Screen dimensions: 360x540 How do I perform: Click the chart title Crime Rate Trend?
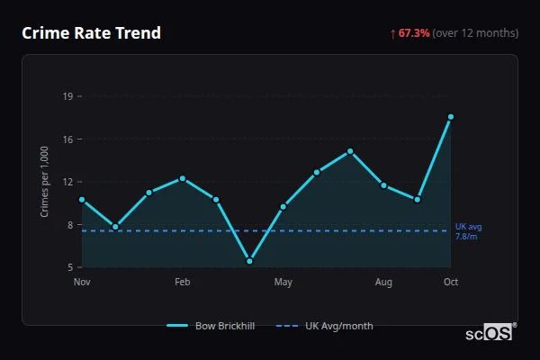click(91, 33)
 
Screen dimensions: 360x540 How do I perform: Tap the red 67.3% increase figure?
click(415, 33)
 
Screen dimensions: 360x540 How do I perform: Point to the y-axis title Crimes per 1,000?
click(44, 181)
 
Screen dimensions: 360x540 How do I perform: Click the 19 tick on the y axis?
click(68, 95)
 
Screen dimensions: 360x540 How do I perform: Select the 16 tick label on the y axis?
click(68, 139)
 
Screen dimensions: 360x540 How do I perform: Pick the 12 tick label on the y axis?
click(68, 182)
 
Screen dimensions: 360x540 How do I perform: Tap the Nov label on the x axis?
click(82, 283)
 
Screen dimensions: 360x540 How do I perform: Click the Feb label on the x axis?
click(182, 283)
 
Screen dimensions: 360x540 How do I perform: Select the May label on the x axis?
click(283, 283)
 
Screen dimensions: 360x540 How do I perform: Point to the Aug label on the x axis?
click(383, 283)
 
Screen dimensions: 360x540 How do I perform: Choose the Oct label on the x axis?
click(451, 283)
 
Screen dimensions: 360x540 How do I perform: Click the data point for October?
click(451, 117)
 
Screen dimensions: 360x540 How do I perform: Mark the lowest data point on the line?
click(249, 261)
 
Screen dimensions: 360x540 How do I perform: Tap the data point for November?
click(82, 200)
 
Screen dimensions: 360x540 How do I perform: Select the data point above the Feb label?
click(183, 178)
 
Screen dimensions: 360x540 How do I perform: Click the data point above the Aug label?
click(383, 185)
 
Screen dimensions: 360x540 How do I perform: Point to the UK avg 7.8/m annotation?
click(467, 231)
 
